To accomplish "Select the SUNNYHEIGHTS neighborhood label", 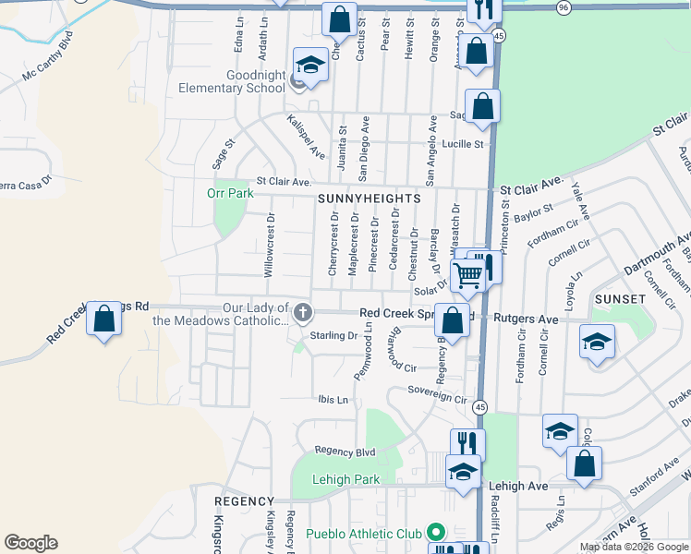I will click(x=369, y=199).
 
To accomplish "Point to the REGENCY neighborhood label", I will click(x=245, y=500).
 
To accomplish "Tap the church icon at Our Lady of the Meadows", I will click(x=302, y=314).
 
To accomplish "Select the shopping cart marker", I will click(x=468, y=273).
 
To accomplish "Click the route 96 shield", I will click(x=564, y=7).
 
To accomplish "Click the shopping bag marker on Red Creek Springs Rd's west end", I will click(x=103, y=319).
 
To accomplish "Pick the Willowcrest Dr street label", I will click(x=270, y=246).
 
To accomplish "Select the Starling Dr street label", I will click(x=333, y=335).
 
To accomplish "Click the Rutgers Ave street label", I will click(x=526, y=319).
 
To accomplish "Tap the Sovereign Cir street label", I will click(x=438, y=396).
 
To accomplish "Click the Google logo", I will click(x=30, y=543).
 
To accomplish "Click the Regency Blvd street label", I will click(x=345, y=451).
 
